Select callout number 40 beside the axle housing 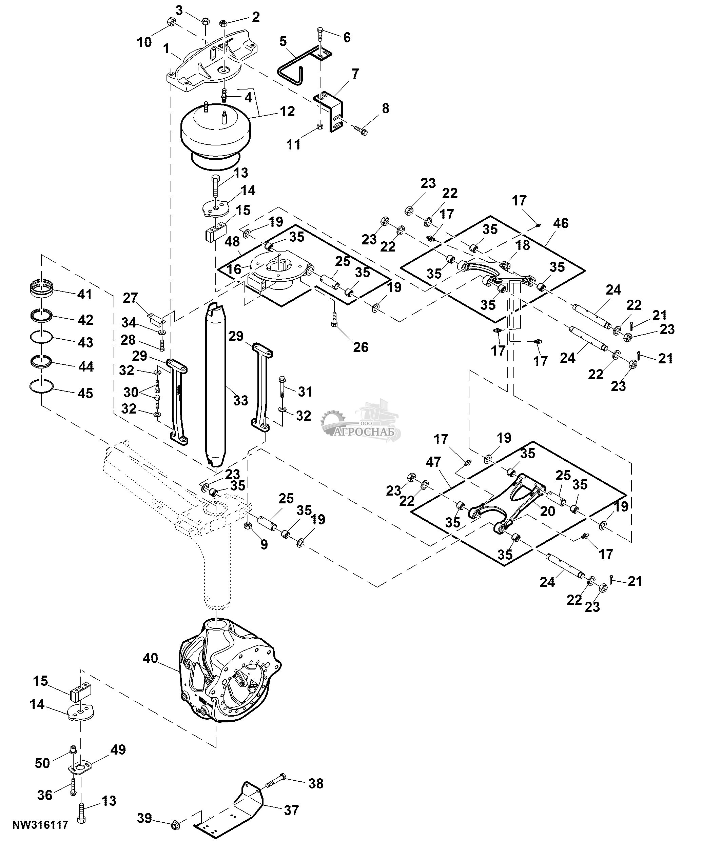[x=150, y=658]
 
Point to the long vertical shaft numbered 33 [x=215, y=386]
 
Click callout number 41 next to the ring [x=84, y=294]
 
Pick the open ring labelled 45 [x=42, y=386]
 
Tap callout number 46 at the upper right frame [x=561, y=223]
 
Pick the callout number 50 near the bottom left [x=42, y=763]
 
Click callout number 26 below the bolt [x=360, y=347]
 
